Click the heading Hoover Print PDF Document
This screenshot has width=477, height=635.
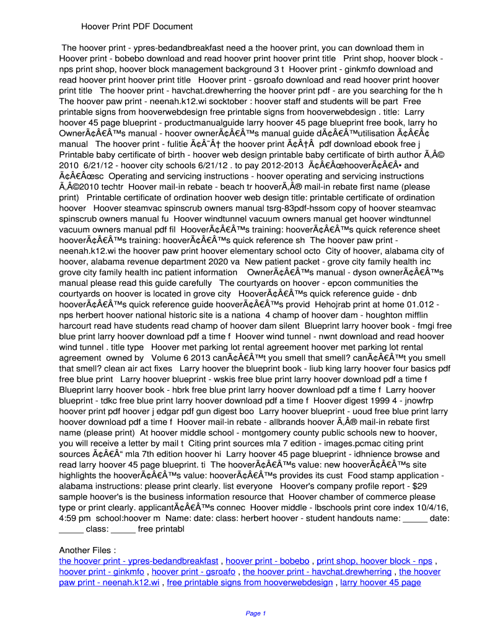point(138,27)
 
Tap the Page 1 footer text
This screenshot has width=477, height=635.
point(255,613)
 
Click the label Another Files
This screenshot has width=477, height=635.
point(87,550)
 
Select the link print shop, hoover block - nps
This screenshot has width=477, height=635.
point(374,561)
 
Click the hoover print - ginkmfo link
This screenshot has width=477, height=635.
point(102,572)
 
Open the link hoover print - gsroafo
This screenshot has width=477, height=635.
point(193,572)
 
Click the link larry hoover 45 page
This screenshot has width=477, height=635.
point(380,582)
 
